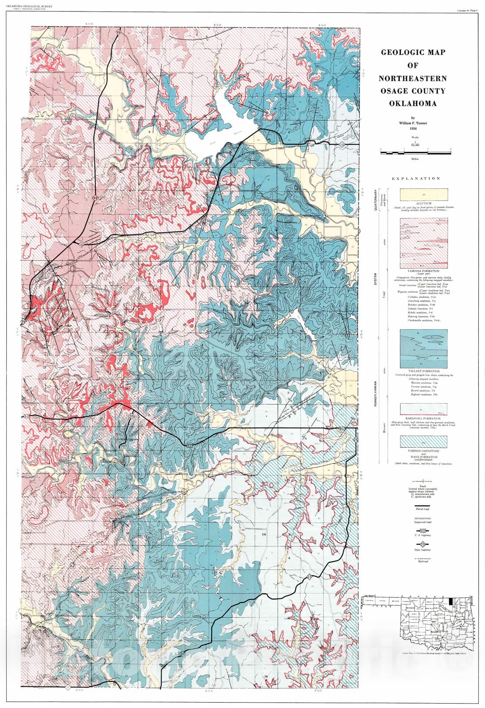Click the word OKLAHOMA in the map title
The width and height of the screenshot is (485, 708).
point(412,104)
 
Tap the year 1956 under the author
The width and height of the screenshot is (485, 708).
point(413,129)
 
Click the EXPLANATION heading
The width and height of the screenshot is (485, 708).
point(416,178)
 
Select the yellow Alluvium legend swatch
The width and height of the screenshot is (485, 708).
point(424,195)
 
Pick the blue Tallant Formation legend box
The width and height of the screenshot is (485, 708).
point(424,349)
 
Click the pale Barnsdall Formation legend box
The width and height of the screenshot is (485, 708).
point(424,408)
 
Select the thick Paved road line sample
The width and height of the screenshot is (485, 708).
point(424,504)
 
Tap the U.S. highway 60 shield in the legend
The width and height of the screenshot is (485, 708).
point(424,530)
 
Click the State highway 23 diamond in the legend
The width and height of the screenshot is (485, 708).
point(424,544)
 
